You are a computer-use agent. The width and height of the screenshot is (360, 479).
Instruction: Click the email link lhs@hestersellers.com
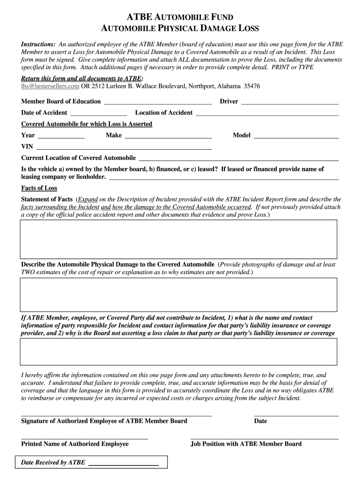50,87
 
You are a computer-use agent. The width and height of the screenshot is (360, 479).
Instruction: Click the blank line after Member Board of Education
158,102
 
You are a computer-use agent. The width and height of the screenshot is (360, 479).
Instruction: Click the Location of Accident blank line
267,113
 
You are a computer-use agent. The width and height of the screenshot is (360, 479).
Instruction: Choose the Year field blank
61,136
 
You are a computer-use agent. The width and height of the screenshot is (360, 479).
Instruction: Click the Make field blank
168,136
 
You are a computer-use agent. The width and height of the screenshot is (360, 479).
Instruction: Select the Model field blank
295,136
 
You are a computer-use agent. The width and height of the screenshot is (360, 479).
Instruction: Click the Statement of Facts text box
178,239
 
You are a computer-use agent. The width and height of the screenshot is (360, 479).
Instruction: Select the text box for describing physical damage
178,295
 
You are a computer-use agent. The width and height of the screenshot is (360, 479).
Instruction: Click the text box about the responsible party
178,351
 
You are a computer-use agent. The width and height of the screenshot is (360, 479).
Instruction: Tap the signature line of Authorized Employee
116,414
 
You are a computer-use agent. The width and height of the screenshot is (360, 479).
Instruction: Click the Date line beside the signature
296,414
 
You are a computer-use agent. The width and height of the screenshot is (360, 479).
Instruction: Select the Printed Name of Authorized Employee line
85,438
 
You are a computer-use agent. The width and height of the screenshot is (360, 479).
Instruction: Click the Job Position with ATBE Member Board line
265,438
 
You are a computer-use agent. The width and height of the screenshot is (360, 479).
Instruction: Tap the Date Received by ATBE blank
123,464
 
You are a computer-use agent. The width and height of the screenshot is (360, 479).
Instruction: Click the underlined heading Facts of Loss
39,188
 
